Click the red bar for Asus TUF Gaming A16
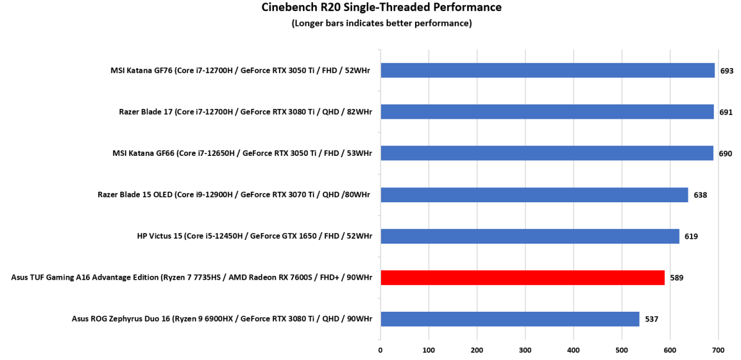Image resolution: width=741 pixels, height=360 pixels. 522,278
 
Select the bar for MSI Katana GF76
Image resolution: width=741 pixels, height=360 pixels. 547,71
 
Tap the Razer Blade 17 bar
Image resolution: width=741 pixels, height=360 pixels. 547,112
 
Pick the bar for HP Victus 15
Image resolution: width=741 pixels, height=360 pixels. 529,236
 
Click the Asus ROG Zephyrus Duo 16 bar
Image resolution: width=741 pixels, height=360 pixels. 510,319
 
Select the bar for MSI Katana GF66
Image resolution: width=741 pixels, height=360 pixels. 547,153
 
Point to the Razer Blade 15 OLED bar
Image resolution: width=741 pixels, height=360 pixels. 534,195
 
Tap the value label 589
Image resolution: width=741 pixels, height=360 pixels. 676,278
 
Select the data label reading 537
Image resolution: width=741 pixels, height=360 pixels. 651,319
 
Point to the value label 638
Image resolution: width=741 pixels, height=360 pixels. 700,195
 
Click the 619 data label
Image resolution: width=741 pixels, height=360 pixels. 691,236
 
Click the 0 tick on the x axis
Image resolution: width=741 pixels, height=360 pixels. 380,349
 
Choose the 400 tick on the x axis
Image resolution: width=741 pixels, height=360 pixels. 573,349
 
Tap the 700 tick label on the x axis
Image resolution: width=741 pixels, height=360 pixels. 718,349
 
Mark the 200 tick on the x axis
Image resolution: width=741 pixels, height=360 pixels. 477,349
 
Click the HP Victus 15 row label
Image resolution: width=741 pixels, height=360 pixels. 255,236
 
